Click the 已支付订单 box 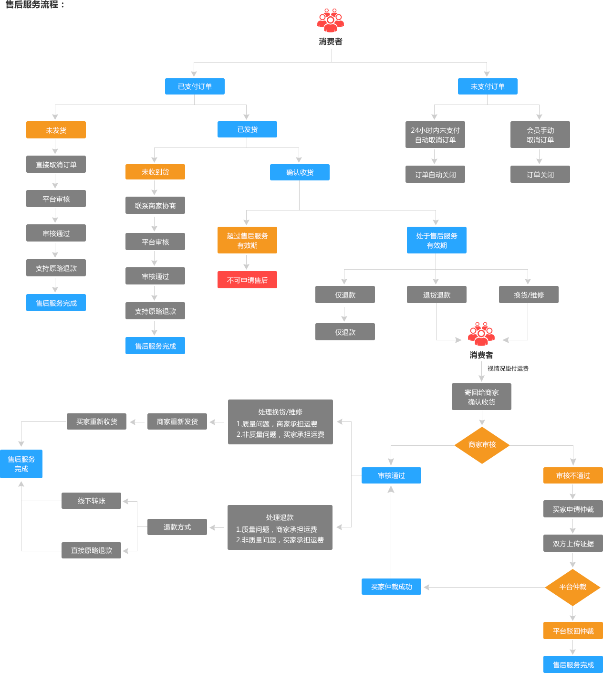pyautogui.click(x=195, y=86)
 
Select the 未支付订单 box pyautogui.click(x=488, y=86)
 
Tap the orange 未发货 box pyautogui.click(x=56, y=130)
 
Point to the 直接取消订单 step pyautogui.click(x=56, y=164)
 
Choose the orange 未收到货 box pyautogui.click(x=155, y=172)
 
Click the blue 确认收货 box pyautogui.click(x=300, y=172)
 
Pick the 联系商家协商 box pyautogui.click(x=155, y=206)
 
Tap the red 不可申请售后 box pyautogui.click(x=247, y=280)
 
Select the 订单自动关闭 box pyautogui.click(x=435, y=175)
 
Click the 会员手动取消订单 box pyautogui.click(x=540, y=135)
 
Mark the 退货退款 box pyautogui.click(x=437, y=295)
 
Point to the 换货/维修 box pyautogui.click(x=529, y=295)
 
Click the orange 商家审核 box pyautogui.click(x=482, y=445)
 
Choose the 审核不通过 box pyautogui.click(x=573, y=475)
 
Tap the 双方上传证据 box pyautogui.click(x=573, y=544)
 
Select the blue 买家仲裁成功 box pyautogui.click(x=391, y=587)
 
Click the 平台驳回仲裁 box pyautogui.click(x=573, y=631)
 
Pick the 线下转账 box pyautogui.click(x=92, y=501)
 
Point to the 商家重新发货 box pyautogui.click(x=177, y=421)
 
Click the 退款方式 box pyautogui.click(x=177, y=527)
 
